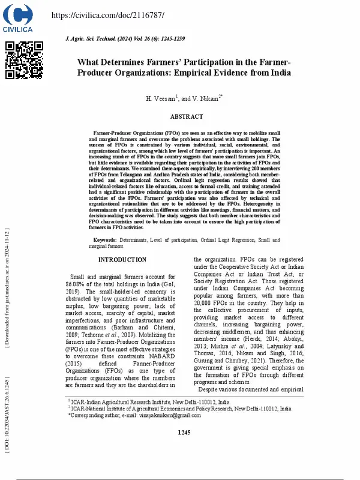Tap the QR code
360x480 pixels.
coord(24,60)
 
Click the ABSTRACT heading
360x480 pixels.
coord(187,117)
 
